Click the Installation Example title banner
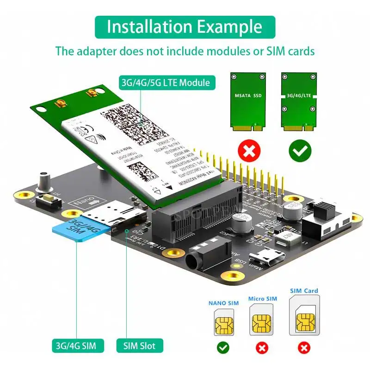[185, 27]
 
